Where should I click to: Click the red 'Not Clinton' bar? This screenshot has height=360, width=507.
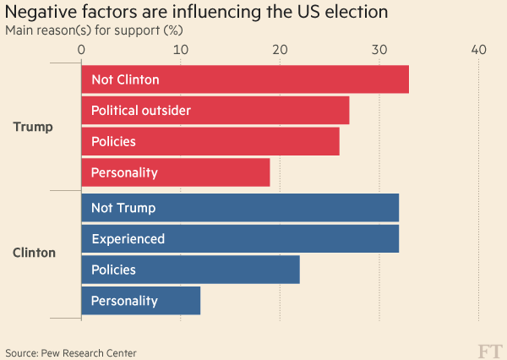245,80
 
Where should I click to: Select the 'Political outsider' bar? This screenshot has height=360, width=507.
215,111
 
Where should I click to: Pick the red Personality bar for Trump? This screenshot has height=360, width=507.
175,172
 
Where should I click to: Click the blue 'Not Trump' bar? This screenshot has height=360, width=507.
240,208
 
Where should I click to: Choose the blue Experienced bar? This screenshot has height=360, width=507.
240,238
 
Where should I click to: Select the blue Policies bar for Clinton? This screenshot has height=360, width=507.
190,270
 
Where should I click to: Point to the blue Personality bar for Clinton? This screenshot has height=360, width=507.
140,300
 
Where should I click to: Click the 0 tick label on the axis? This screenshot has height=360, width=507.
81,50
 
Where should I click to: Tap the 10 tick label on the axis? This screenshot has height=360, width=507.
180,50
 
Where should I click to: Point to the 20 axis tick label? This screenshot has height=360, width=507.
280,50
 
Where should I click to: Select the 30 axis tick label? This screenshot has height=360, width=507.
379,50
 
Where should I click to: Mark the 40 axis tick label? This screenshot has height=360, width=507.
478,50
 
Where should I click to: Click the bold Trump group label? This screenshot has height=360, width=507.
33,127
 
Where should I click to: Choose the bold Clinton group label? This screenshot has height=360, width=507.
35,253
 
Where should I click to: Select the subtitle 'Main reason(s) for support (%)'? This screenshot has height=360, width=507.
94,30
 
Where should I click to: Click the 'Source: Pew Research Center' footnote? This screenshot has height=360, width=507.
70,352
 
